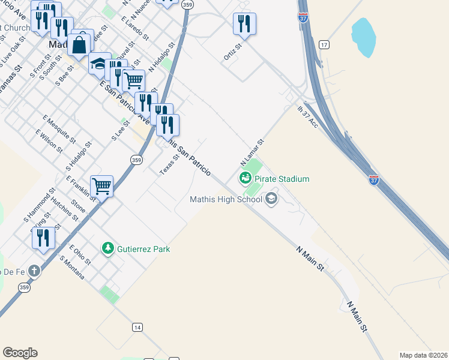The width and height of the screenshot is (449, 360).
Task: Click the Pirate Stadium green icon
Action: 245,178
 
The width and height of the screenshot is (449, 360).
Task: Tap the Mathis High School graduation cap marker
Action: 271,199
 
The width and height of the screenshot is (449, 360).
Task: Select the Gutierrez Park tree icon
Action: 108,248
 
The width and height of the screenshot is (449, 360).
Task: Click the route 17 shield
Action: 324,45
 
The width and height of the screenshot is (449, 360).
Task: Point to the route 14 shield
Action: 137,327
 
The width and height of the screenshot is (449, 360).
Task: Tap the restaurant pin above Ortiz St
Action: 244,24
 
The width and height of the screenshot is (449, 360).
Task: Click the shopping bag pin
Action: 79,44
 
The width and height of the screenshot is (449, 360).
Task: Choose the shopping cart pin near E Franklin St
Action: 102,186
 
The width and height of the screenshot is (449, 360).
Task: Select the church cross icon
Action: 35,271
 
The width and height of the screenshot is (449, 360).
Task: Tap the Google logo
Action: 20,353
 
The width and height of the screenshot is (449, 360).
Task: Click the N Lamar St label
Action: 252,153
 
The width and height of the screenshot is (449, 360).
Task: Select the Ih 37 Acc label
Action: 307,116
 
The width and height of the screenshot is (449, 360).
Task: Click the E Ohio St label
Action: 79,254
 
